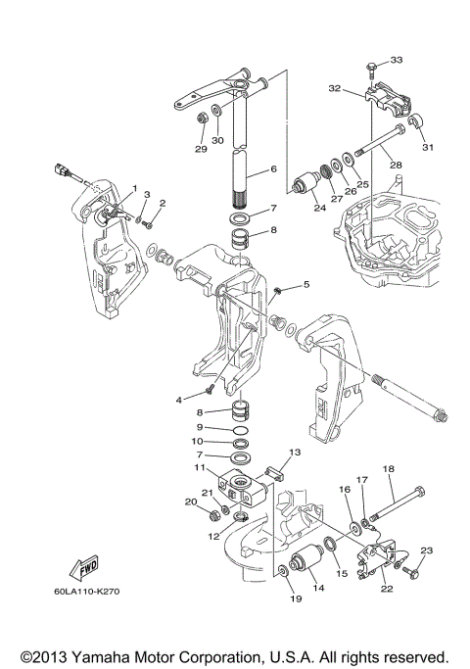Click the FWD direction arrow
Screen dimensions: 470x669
coord(84,568)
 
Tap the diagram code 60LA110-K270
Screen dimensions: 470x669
coord(86,592)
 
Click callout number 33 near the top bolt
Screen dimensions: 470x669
coord(397,60)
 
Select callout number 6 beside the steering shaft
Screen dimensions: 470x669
coord(273,168)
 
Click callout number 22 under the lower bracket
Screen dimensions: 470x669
coord(387,589)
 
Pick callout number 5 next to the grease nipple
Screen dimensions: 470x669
coord(306,284)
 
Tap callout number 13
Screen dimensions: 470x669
coord(295,453)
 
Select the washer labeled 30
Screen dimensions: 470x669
coord(215,111)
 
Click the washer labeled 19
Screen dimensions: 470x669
coord(282,570)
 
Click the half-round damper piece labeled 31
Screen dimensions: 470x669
coord(414,122)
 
